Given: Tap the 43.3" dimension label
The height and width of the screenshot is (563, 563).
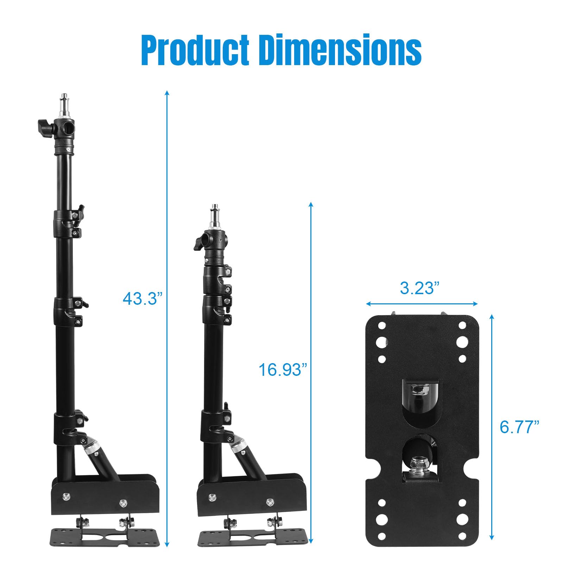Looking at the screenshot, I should tap(143, 299).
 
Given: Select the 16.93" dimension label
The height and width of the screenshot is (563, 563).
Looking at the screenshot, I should tap(283, 370).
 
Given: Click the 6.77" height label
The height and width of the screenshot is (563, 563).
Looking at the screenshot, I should tap(519, 427).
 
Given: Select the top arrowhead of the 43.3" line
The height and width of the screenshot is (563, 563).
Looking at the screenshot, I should tap(167, 93).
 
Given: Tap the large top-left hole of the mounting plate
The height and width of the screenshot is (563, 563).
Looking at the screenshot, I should tap(381, 342).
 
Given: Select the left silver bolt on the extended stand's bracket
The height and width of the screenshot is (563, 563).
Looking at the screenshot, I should tap(66, 497).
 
